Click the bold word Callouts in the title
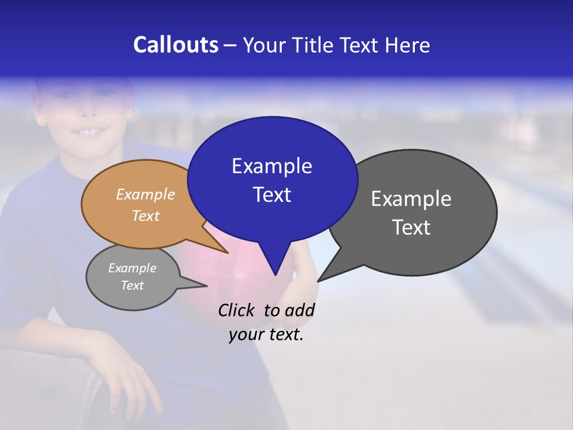[175, 45]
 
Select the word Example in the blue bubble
[272, 166]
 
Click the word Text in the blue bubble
[272, 195]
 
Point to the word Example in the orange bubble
[146, 194]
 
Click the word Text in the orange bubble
[146, 216]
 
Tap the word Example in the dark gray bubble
[411, 199]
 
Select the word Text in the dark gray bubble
[411, 228]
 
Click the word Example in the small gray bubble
[132, 268]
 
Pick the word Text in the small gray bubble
[132, 285]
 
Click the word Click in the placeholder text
[236, 310]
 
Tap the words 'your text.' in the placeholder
[266, 334]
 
